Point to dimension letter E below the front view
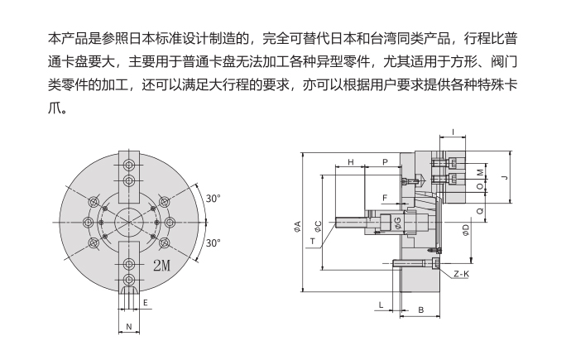(146, 304)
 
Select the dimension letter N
(128, 328)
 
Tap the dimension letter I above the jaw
(453, 132)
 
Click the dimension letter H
(351, 162)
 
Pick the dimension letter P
(385, 162)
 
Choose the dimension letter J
(504, 176)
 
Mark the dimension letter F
(385, 197)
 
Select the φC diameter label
(318, 227)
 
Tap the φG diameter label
(398, 221)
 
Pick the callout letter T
(313, 241)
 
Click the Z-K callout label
(462, 273)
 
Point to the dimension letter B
(421, 310)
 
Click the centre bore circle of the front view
(127, 223)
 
